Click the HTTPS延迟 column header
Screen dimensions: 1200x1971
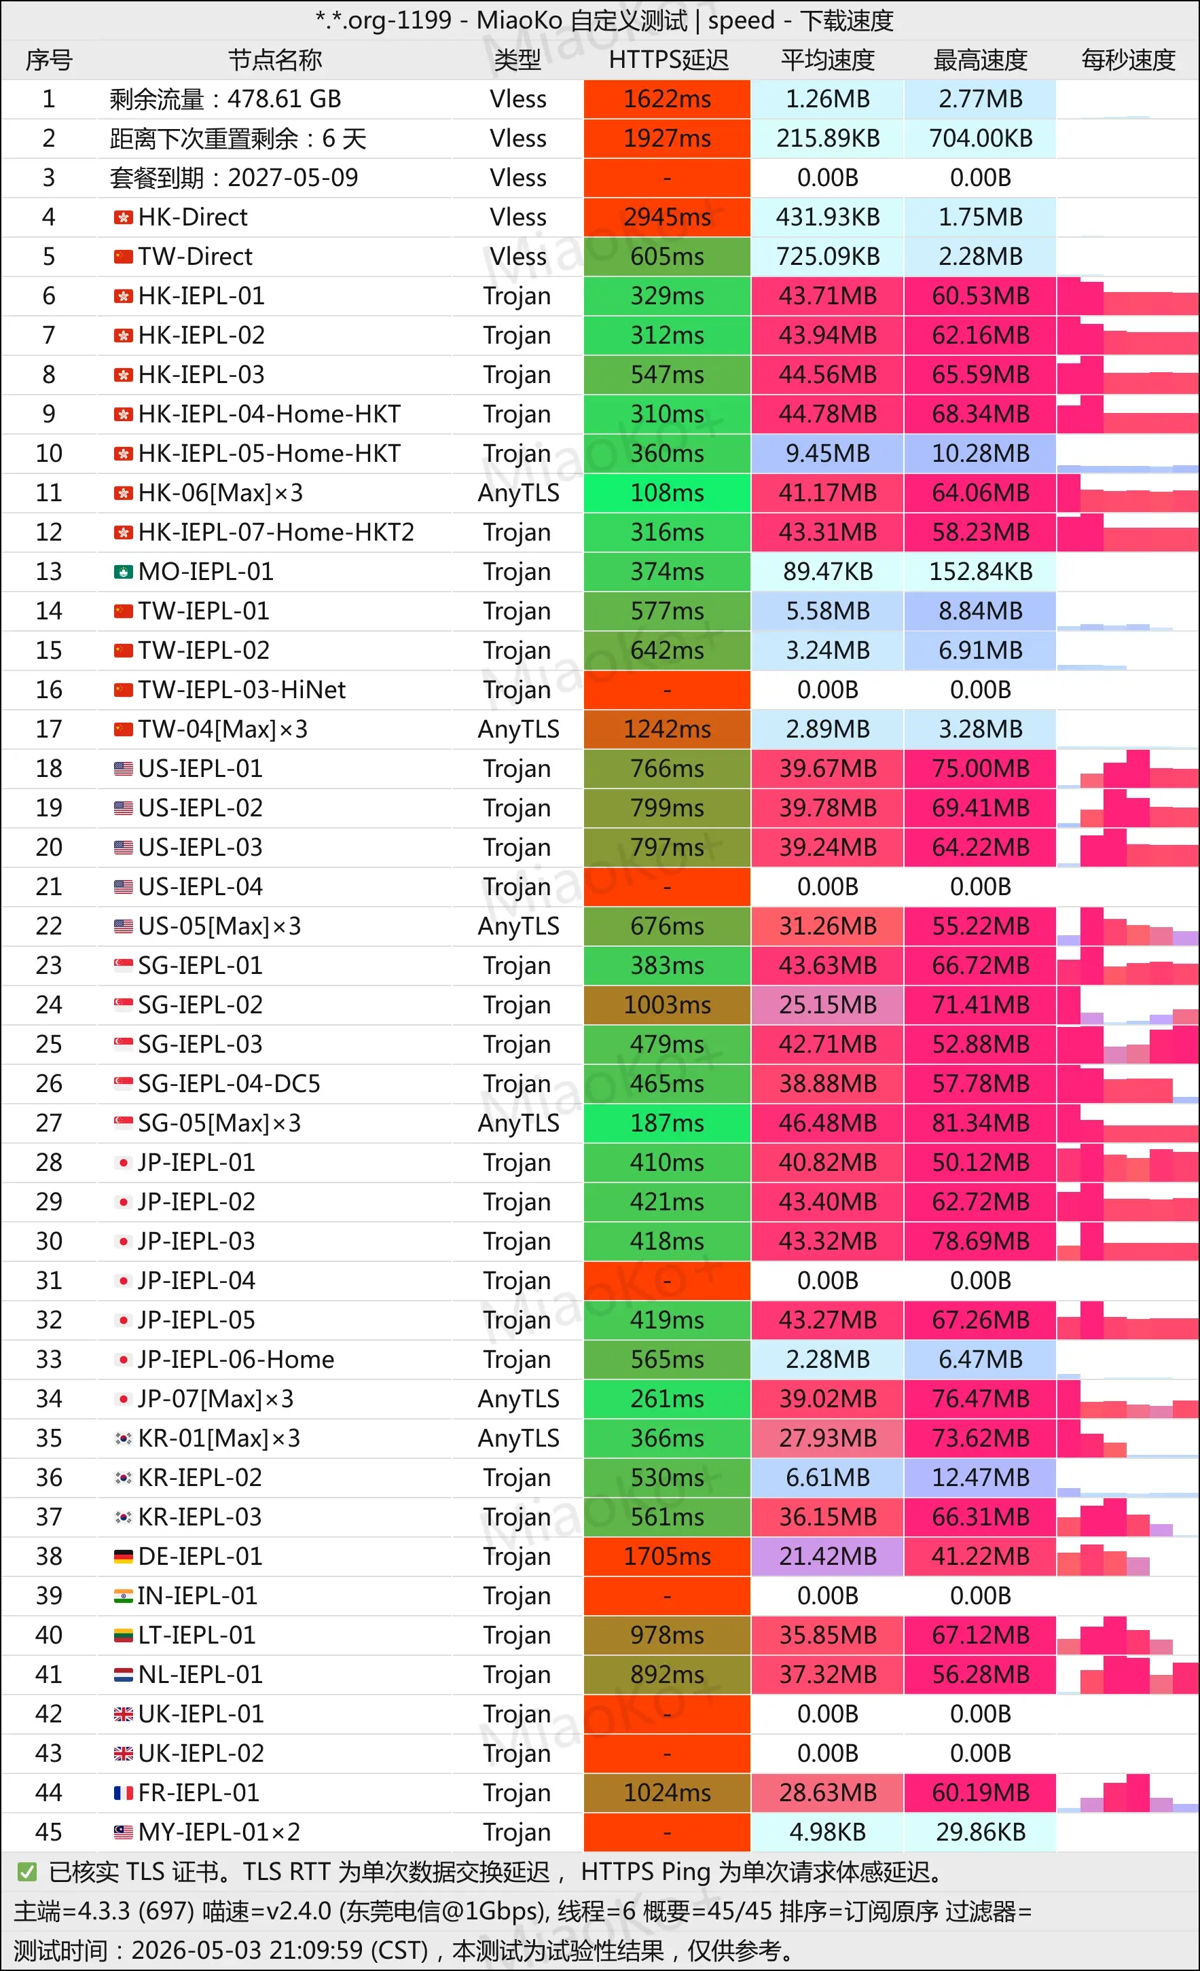tap(668, 60)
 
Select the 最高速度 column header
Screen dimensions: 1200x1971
tap(980, 60)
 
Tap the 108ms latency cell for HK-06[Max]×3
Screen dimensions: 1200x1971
tap(667, 493)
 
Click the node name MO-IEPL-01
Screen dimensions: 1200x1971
tap(206, 571)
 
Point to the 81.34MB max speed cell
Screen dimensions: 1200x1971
tap(980, 1123)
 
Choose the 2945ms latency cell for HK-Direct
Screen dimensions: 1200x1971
tap(667, 217)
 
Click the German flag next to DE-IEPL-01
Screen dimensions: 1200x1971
tap(123, 1557)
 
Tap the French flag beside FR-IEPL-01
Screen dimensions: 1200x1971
tap(123, 1792)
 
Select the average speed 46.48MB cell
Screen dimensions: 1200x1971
tap(827, 1123)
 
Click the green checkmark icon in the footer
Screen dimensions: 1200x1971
tap(27, 1872)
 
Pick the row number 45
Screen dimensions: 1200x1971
tap(49, 1832)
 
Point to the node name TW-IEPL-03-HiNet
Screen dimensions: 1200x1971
tap(242, 689)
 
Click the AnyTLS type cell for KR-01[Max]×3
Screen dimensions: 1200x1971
tap(518, 1439)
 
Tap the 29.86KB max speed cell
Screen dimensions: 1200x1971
tap(980, 1832)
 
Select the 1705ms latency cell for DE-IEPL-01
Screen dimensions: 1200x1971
tap(667, 1557)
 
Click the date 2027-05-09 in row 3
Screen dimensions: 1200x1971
tap(293, 177)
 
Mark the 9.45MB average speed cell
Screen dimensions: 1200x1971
tap(827, 454)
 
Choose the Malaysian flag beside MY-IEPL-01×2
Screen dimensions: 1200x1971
tap(123, 1832)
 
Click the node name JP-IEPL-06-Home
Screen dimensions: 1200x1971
tap(236, 1359)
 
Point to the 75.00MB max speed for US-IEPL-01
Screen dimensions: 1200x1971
tap(980, 769)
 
